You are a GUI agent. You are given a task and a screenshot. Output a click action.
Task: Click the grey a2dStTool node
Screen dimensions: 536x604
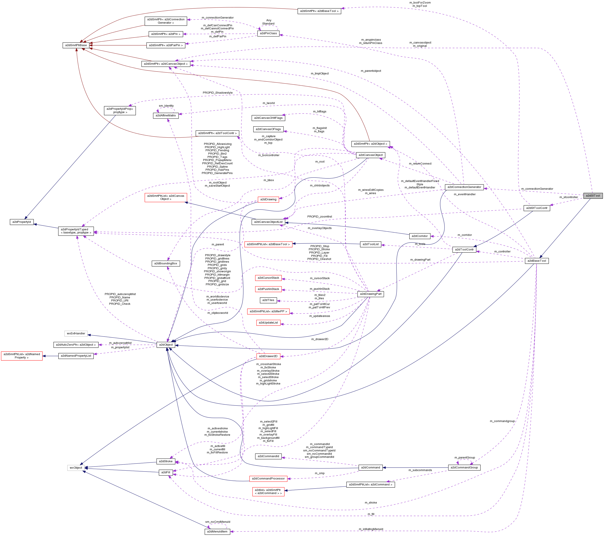point(593,195)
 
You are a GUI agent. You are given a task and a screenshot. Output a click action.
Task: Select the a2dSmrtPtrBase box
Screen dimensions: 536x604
point(76,45)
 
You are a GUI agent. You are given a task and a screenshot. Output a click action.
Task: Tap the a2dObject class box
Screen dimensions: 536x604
point(166,345)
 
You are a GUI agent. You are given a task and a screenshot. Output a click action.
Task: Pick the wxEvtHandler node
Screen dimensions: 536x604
point(76,333)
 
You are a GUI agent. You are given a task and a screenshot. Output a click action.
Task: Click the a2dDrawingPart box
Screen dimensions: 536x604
point(371,294)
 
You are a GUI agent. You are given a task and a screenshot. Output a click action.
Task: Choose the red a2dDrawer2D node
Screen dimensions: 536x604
point(268,356)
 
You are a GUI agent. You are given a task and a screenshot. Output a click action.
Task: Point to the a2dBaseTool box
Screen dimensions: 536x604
point(537,261)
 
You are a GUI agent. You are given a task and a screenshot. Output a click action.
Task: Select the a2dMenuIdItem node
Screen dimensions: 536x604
point(217,532)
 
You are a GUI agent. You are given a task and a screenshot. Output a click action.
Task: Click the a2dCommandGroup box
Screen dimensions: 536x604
point(464,468)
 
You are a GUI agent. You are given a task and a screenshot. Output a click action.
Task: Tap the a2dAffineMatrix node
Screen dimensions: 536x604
point(166,116)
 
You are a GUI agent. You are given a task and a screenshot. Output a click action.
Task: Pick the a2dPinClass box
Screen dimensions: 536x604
point(268,33)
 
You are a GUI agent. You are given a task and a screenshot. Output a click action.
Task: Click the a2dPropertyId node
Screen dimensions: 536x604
point(22,222)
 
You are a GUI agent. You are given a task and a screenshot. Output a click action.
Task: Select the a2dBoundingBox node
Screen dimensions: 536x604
point(166,263)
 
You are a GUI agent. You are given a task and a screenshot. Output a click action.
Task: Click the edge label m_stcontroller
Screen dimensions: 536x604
point(569,197)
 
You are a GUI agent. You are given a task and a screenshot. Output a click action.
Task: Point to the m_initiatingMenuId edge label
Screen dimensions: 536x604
point(371,529)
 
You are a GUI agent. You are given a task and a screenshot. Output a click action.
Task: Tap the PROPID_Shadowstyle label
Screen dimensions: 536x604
point(217,93)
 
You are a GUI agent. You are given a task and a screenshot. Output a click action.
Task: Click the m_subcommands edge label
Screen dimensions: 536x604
point(420,470)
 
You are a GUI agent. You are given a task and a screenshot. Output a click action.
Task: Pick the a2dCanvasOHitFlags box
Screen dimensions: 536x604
point(268,118)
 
